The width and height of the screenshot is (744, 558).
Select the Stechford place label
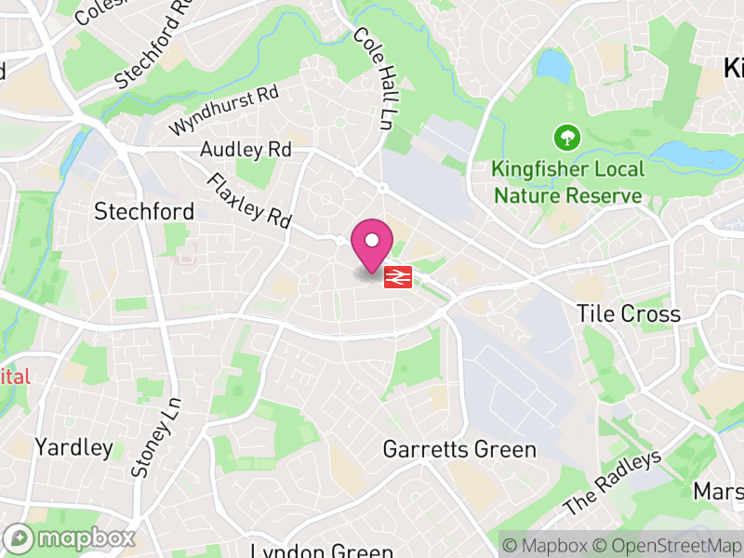pos(144,212)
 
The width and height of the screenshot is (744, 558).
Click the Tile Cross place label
pos(628,314)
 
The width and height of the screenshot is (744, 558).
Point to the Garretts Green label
pos(459,450)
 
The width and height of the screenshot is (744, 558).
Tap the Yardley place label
pos(73,447)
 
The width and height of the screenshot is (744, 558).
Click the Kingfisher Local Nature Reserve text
pos(568,182)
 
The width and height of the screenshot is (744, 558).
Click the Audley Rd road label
pos(246,150)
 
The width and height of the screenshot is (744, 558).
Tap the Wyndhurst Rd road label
pos(223,110)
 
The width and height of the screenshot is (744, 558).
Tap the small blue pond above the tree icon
pos(552,65)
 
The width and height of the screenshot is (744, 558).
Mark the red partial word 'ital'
pos(15,377)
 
